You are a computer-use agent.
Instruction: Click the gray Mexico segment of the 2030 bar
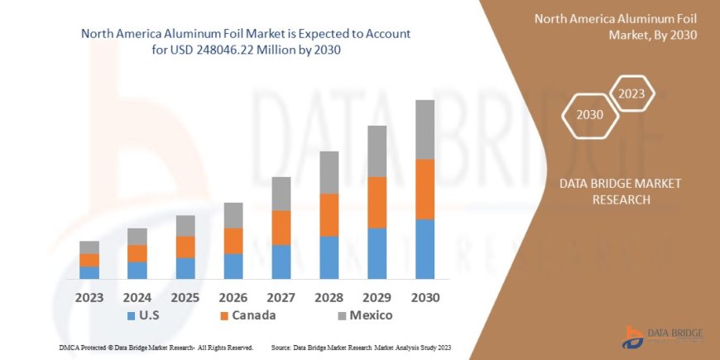(x=425, y=130)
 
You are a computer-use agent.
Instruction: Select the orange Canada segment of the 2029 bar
(x=377, y=202)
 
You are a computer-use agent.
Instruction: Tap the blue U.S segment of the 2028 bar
(x=329, y=257)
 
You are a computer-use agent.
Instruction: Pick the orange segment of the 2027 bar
(x=281, y=228)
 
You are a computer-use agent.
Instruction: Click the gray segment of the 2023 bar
(x=89, y=247)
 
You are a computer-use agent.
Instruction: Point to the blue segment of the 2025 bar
(x=185, y=268)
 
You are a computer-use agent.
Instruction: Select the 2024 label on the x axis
(x=137, y=297)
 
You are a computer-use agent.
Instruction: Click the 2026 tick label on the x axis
(x=233, y=297)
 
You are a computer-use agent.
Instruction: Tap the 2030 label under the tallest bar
(x=425, y=297)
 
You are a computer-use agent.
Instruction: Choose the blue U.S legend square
(x=131, y=316)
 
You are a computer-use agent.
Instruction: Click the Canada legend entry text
(x=254, y=315)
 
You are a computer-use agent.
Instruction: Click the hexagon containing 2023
(x=631, y=94)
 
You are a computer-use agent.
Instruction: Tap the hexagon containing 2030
(x=589, y=115)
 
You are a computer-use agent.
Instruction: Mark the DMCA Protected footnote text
(x=156, y=348)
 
